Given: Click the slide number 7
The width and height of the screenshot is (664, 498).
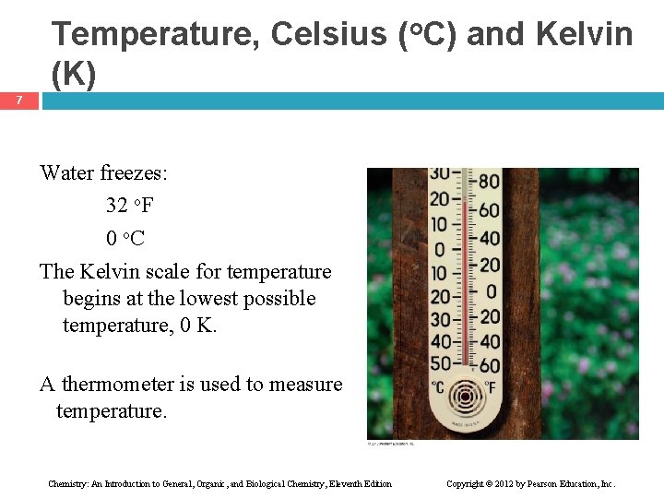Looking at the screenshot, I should coord(18,101).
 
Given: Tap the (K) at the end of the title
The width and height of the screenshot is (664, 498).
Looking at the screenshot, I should coord(74,76).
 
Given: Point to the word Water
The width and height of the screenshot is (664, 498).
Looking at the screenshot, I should coord(66,172).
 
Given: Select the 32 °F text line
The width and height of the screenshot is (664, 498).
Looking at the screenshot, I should coord(129,205).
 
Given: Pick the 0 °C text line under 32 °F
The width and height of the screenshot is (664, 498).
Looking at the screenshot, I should coord(125,239).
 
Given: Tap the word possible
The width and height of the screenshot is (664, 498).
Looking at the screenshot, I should coord(278,299).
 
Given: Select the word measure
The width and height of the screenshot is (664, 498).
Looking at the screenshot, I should coord(308,384).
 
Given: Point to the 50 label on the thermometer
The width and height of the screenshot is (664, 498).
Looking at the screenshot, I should coord(441,363).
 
